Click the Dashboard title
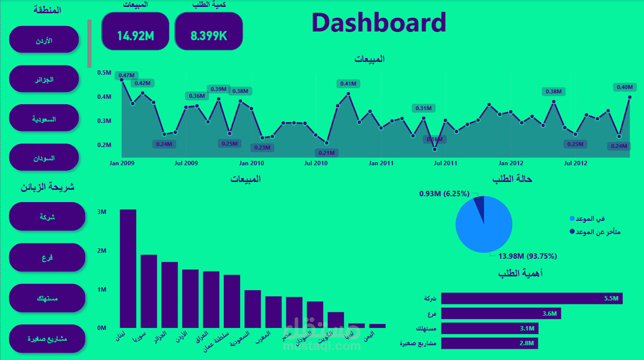click(x=379, y=23)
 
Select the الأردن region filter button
click(x=44, y=40)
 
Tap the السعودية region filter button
click(x=44, y=118)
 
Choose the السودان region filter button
click(x=44, y=157)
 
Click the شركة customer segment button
click(x=47, y=216)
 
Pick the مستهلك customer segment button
click(x=47, y=298)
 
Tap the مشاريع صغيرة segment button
click(x=47, y=339)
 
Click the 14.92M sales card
click(x=135, y=31)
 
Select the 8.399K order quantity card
click(x=209, y=31)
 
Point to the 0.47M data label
click(x=126, y=75)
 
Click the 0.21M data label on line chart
click(x=327, y=152)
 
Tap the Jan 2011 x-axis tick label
click(x=381, y=163)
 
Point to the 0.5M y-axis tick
click(x=104, y=73)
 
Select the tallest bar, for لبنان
click(x=128, y=269)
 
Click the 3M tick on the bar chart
click(x=102, y=212)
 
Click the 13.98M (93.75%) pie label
click(x=527, y=256)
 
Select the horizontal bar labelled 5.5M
click(x=532, y=299)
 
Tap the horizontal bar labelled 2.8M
click(x=490, y=343)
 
